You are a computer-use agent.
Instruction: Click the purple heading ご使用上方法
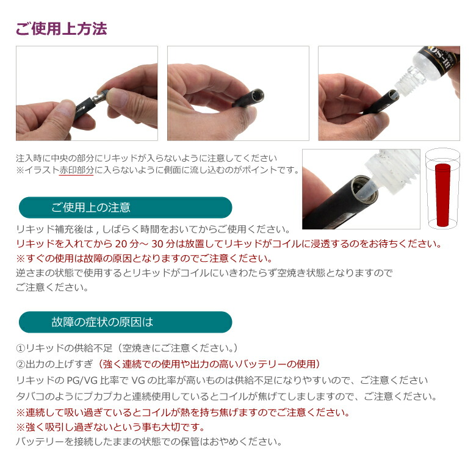(x=61, y=29)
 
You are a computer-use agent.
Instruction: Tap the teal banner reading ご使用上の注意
(x=125, y=207)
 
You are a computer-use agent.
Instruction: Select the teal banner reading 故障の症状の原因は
(x=125, y=322)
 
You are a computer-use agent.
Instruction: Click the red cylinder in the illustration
(x=442, y=195)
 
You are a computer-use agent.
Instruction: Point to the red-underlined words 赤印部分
(x=76, y=170)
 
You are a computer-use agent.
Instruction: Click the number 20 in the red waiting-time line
(x=121, y=243)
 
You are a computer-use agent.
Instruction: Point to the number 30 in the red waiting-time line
(x=158, y=243)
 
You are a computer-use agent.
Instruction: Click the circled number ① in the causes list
(x=20, y=348)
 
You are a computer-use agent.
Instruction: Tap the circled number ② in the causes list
(x=20, y=364)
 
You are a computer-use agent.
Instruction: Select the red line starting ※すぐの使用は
(x=145, y=258)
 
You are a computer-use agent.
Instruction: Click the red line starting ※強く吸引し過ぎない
(x=110, y=427)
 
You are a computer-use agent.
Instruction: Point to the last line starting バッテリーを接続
(x=149, y=442)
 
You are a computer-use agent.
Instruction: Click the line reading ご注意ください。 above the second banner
(x=52, y=287)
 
